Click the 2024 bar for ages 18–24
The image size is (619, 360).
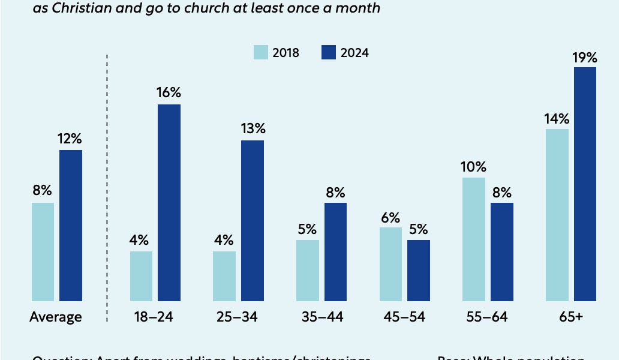tap(169, 203)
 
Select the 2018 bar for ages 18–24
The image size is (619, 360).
tap(141, 276)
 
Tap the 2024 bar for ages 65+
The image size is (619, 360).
tap(585, 184)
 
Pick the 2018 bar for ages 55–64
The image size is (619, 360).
tap(473, 239)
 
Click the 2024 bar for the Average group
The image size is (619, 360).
tap(70, 225)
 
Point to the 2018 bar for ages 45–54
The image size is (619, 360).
tap(390, 264)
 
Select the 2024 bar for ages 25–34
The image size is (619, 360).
tap(253, 220)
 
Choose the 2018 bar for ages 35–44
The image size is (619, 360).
tap(307, 270)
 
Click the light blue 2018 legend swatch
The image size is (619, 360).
tap(260, 52)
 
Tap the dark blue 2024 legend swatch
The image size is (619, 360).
tap(329, 52)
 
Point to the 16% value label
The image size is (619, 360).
tap(169, 93)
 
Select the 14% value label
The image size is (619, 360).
tap(557, 119)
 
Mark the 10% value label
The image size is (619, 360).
tap(473, 167)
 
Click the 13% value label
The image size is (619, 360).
tap(253, 128)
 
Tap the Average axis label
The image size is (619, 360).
tap(55, 317)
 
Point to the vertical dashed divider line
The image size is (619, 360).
tap(107, 180)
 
